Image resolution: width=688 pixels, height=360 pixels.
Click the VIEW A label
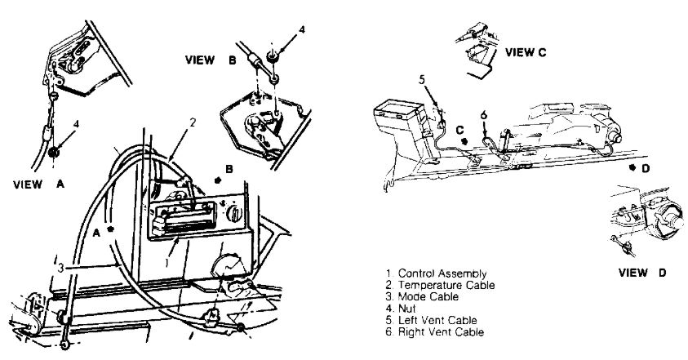click(x=38, y=184)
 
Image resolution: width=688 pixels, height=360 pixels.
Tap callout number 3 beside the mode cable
click(x=60, y=266)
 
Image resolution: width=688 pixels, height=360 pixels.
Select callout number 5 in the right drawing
click(x=422, y=79)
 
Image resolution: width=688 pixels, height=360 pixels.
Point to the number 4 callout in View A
click(x=76, y=123)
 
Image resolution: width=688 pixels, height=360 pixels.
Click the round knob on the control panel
click(x=235, y=215)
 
